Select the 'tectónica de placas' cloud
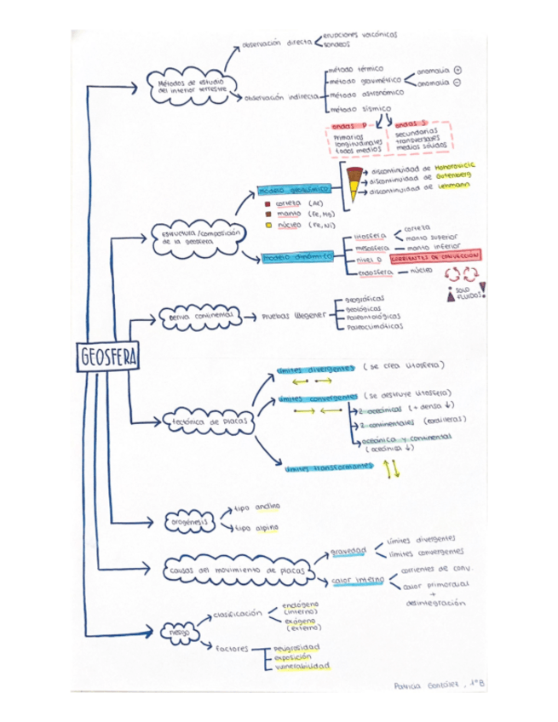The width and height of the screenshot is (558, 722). (x=204, y=421)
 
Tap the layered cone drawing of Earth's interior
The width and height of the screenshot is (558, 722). (x=354, y=182)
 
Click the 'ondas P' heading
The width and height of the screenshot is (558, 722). (x=348, y=126)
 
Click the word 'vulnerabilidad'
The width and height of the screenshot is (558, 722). (x=302, y=666)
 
